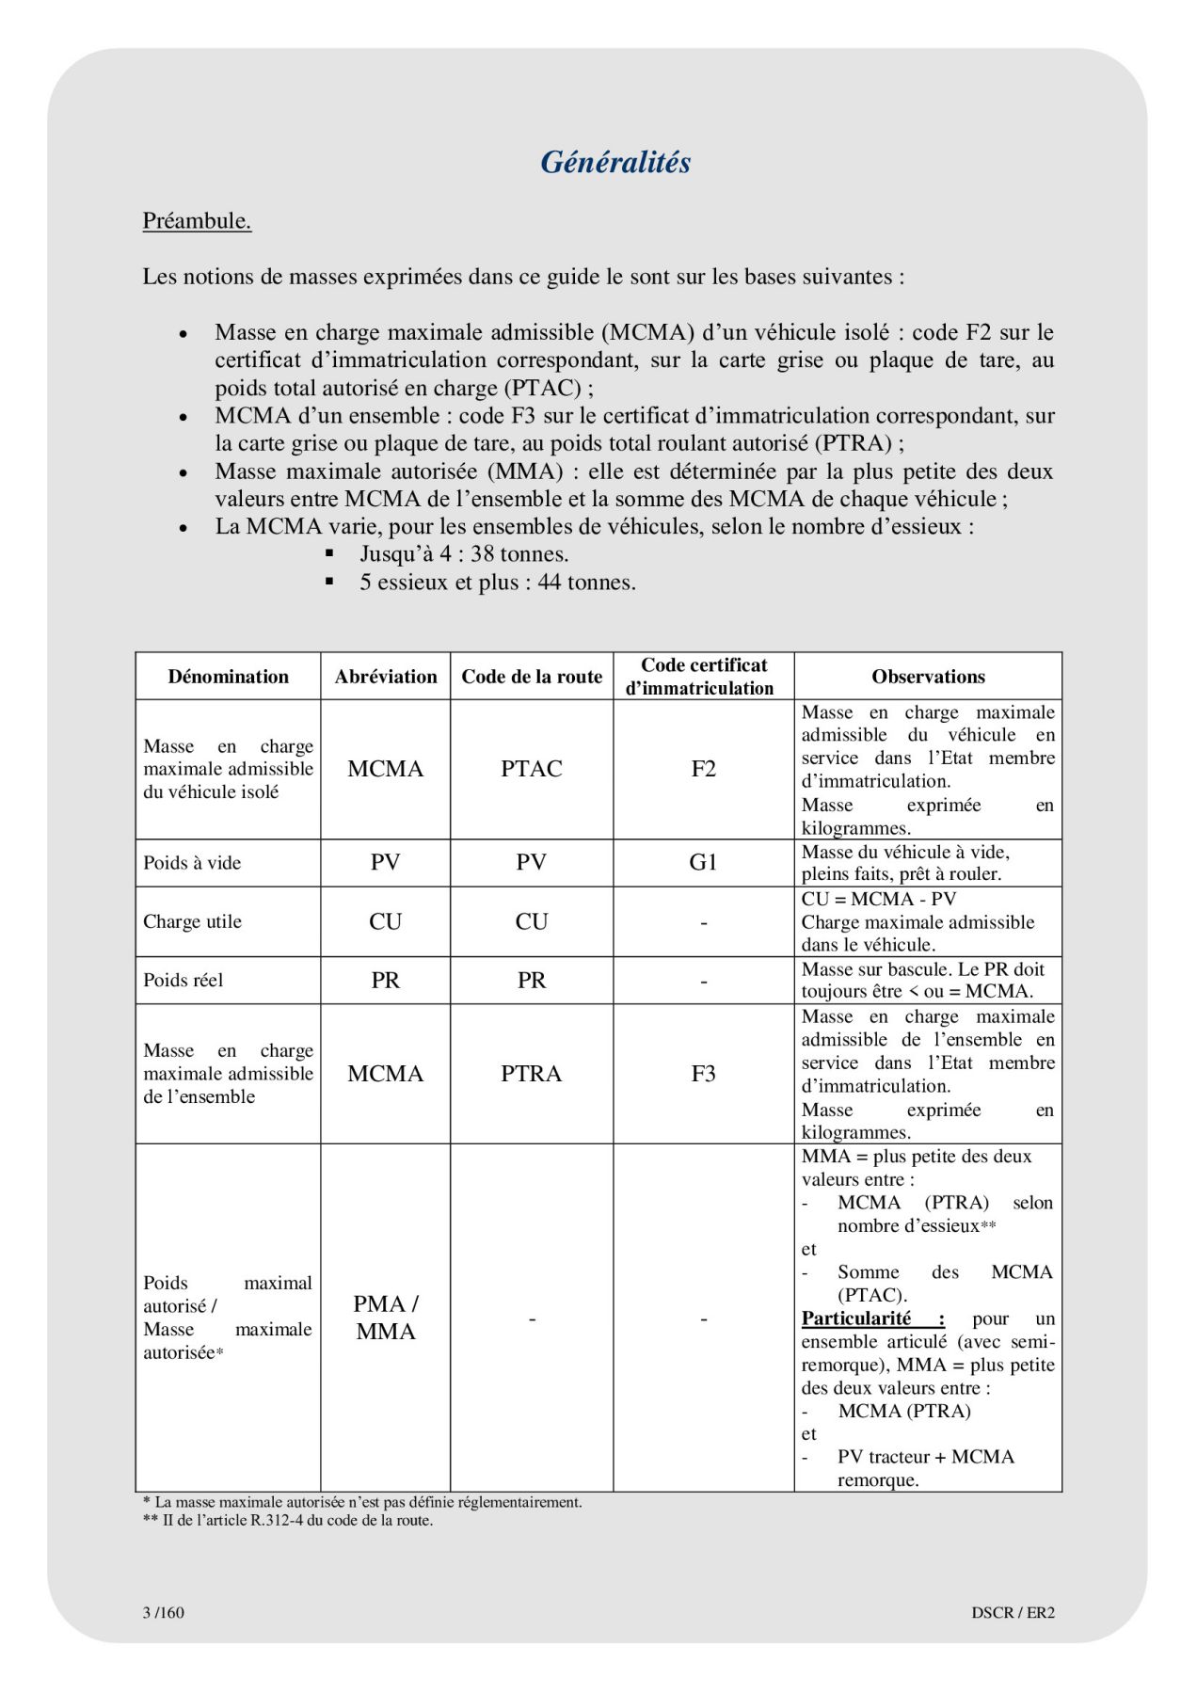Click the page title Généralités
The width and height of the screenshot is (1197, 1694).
coord(615,162)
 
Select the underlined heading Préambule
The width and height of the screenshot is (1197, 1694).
coord(197,221)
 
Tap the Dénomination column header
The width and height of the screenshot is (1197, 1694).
coord(228,677)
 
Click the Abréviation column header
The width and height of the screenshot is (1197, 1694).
coord(386,677)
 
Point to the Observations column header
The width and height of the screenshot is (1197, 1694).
coord(928,677)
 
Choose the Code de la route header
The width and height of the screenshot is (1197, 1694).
coord(532,677)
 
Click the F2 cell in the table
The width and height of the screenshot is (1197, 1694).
coord(704,769)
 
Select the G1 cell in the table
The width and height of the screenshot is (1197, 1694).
coord(704,862)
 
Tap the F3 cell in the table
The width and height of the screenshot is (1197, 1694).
coord(704,1074)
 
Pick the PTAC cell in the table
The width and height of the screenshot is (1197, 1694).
coord(532,769)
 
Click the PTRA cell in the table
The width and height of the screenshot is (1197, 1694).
coord(532,1074)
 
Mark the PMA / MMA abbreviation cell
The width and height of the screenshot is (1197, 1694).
coord(386,1318)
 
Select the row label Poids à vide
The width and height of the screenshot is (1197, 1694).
coord(192,863)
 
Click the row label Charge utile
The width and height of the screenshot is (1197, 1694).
coord(192,922)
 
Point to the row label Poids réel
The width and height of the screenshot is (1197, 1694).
coord(184,981)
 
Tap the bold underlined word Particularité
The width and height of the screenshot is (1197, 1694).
coord(856,1318)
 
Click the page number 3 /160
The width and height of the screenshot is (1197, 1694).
coord(164,1612)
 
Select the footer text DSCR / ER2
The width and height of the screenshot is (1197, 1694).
coord(1013,1612)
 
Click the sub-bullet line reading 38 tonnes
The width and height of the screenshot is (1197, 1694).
coord(463,554)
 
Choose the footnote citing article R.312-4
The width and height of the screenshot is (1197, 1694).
coord(288,1520)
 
